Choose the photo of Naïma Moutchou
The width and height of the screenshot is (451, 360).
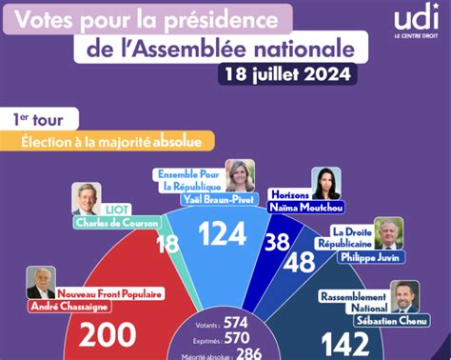(x=326, y=184)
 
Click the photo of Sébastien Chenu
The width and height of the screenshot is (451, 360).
(x=406, y=295)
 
